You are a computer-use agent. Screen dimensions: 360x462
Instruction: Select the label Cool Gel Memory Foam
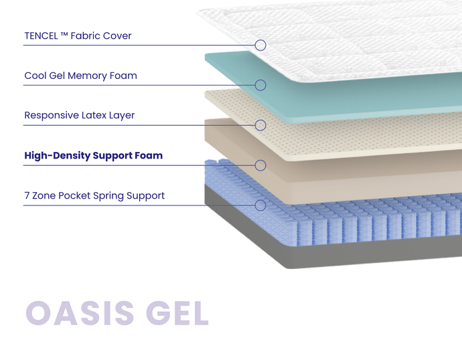click(80, 76)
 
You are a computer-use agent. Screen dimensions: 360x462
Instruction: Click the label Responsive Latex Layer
click(79, 116)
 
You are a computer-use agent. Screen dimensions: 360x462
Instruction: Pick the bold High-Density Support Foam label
click(93, 156)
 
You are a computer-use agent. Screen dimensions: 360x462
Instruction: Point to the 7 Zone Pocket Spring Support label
click(94, 196)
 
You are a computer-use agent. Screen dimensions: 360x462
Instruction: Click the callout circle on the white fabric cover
click(260, 45)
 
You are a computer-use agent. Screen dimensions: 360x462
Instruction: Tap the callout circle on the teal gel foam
click(260, 85)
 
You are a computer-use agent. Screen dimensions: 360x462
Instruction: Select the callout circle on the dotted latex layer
click(260, 125)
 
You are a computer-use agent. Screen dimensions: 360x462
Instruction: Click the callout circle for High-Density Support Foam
click(260, 165)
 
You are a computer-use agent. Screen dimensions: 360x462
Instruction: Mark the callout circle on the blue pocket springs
click(260, 205)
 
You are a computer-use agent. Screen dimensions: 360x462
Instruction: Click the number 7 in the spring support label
click(27, 196)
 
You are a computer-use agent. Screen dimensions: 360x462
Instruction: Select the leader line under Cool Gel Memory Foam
click(134, 85)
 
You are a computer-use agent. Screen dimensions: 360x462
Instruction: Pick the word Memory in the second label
click(94, 76)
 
